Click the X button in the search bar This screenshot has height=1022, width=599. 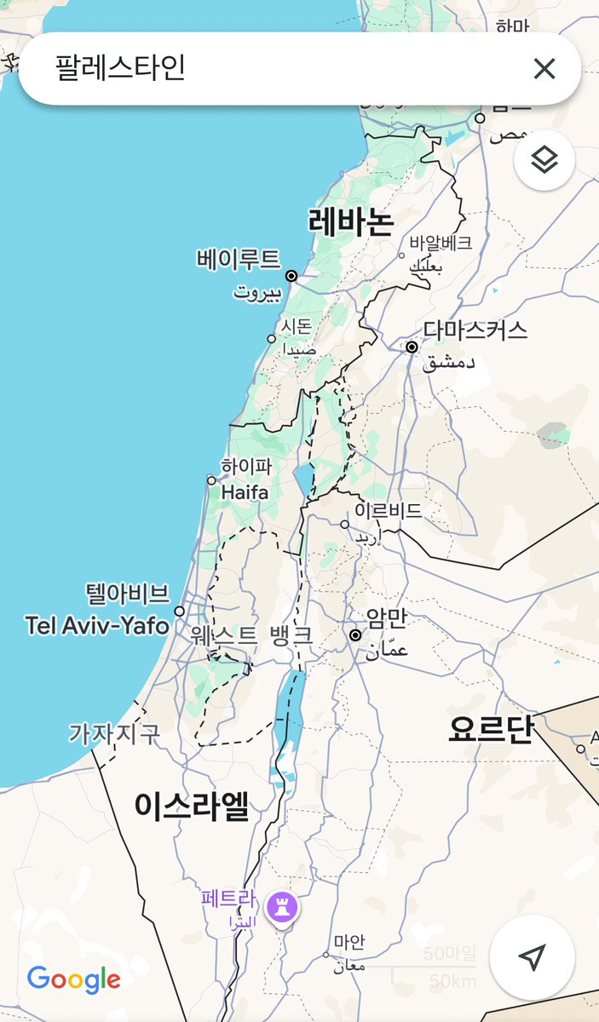coord(544,69)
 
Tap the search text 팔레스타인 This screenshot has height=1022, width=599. coord(120,68)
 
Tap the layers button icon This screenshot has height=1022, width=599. coord(544,159)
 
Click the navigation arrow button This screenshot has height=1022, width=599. coord(532,957)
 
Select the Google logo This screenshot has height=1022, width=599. coord(73,979)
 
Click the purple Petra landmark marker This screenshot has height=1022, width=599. coord(282,907)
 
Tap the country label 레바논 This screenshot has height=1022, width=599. coord(351,222)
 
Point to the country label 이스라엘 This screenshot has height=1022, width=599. coord(192,806)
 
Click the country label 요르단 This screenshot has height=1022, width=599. coord(490,730)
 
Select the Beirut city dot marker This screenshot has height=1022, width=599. coord(291,276)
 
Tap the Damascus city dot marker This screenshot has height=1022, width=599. coord(412,347)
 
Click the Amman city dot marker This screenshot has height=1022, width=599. coord(355,634)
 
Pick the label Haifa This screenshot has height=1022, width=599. coord(245,492)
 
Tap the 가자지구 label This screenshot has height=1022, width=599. coord(114,733)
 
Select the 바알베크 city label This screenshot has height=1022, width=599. coord(440,243)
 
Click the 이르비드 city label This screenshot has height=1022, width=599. coord(388,511)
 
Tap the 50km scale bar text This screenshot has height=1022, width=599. coord(452,981)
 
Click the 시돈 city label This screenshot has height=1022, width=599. coord(297,325)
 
